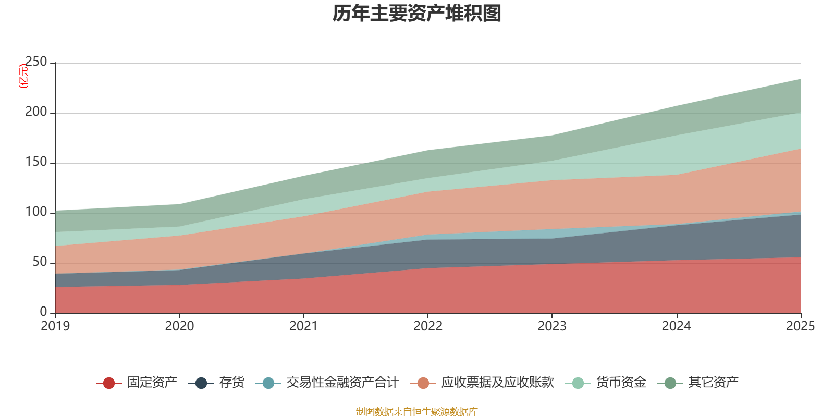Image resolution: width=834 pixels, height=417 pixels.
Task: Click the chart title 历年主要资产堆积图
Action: coord(416,14)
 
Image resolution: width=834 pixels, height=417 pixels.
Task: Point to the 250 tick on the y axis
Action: coord(36,62)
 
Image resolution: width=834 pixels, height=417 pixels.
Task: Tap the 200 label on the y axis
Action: coord(36,112)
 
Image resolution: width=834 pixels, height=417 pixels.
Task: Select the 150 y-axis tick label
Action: coord(36,162)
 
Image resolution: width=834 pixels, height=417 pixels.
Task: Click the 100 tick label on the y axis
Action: coord(36,212)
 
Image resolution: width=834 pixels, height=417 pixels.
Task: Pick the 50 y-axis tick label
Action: coord(40,262)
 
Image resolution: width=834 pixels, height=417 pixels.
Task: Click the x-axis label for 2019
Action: coord(55,326)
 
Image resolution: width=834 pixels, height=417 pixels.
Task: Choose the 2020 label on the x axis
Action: coord(179,326)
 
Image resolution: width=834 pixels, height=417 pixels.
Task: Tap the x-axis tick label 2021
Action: coord(303,326)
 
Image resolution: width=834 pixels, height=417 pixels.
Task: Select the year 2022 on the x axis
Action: coord(427,326)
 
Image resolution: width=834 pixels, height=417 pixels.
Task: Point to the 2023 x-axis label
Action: coord(552,326)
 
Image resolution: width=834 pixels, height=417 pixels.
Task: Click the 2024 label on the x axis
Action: coord(676,326)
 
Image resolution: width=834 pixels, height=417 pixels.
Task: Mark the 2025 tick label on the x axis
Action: coord(800,326)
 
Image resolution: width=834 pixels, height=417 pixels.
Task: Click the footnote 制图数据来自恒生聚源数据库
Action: coord(416,412)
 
